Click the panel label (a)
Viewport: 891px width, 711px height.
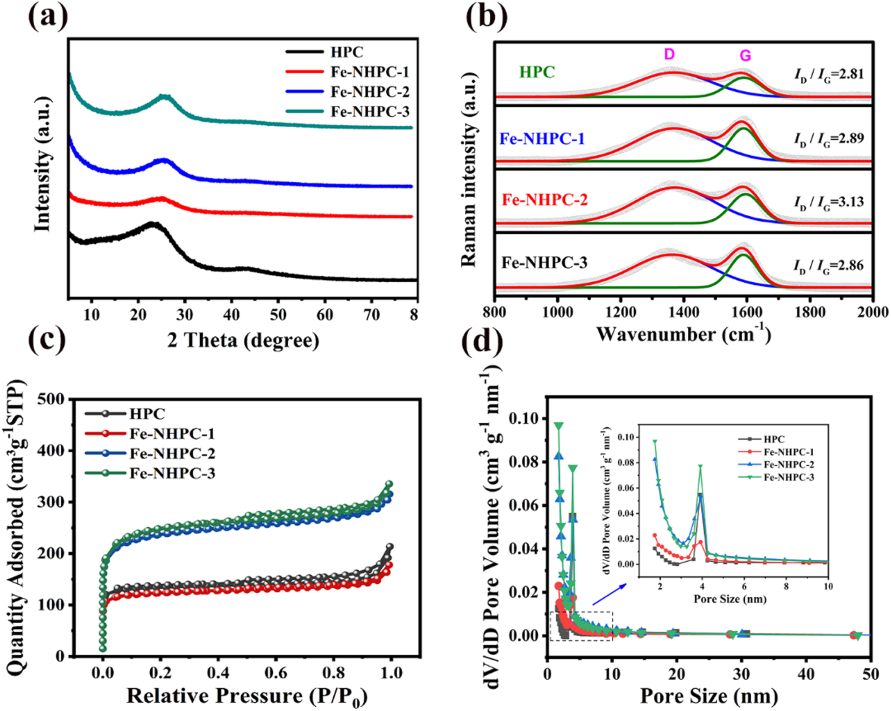(47, 18)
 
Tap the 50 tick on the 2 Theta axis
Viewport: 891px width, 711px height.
(278, 315)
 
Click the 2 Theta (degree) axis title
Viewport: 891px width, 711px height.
(243, 340)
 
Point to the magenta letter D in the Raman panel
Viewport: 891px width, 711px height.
(669, 54)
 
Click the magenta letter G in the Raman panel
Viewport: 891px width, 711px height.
(745, 56)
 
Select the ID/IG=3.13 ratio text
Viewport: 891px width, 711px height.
(829, 202)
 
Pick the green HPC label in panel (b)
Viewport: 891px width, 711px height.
(537, 72)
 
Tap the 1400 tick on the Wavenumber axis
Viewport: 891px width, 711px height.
(683, 312)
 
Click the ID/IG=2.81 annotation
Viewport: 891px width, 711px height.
(829, 74)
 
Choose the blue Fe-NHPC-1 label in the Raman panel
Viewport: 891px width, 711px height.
(542, 139)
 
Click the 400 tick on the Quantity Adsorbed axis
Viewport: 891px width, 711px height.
(51, 451)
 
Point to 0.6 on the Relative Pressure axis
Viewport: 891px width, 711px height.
(276, 673)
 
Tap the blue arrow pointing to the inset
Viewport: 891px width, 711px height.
(609, 594)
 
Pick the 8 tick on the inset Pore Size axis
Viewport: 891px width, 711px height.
(786, 587)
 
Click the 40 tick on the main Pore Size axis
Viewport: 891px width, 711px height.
(806, 674)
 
